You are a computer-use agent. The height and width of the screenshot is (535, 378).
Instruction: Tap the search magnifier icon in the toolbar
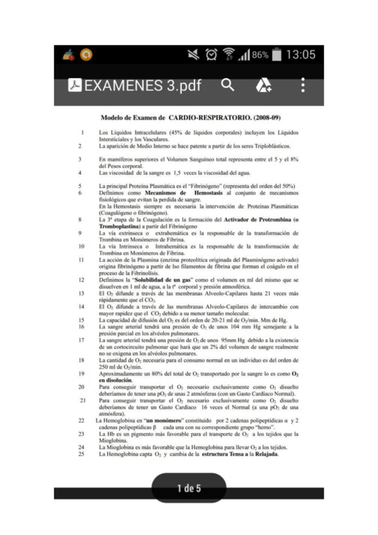click(228, 85)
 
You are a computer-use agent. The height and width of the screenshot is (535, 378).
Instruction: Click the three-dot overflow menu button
click(304, 85)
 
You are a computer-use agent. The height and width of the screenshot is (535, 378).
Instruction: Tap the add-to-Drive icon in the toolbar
click(263, 86)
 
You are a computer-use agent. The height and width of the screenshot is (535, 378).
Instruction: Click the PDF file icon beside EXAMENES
click(74, 86)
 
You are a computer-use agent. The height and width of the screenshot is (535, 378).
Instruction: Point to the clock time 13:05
click(300, 55)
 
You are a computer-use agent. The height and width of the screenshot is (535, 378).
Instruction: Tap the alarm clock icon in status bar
click(209, 55)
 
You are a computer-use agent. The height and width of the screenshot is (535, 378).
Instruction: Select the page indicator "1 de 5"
click(189, 488)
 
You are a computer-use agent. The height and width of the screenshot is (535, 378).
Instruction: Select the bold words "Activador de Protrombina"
click(259, 219)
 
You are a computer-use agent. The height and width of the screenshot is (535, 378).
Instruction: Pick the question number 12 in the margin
click(82, 278)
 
